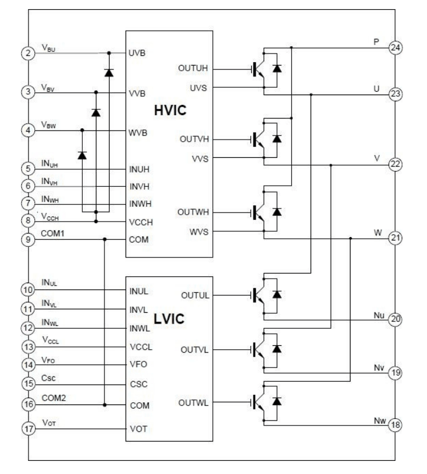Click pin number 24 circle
pyautogui.click(x=394, y=47)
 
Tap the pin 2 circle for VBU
pyautogui.click(x=28, y=54)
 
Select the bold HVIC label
pyautogui.click(x=170, y=112)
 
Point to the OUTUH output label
pyautogui.click(x=192, y=70)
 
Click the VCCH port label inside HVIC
pyautogui.click(x=141, y=222)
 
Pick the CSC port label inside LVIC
pyautogui.click(x=139, y=385)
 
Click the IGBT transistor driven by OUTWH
pyautogui.click(x=260, y=212)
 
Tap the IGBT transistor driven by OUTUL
pyautogui.click(x=260, y=295)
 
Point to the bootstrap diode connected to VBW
pyautogui.click(x=82, y=154)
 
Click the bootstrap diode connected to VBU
pyautogui.click(x=108, y=72)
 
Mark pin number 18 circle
pyautogui.click(x=394, y=425)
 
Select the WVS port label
pyautogui.click(x=199, y=232)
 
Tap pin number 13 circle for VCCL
pyautogui.click(x=28, y=347)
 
